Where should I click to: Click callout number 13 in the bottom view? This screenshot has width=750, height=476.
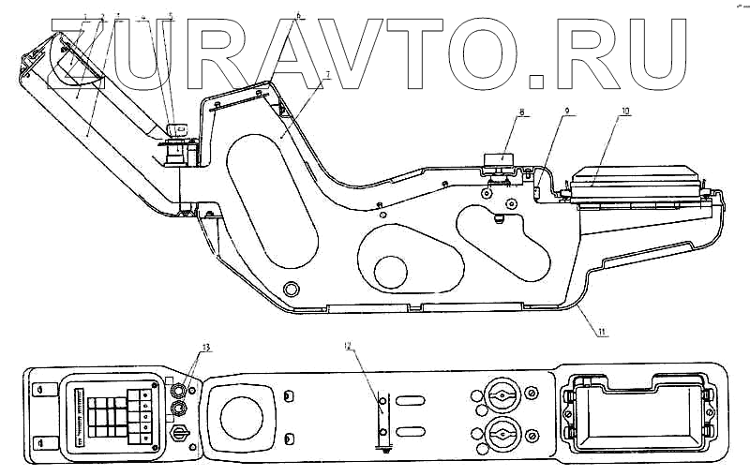click(x=205, y=348)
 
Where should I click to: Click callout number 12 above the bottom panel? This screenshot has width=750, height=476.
click(x=348, y=348)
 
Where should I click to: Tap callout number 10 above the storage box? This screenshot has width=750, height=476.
click(x=624, y=112)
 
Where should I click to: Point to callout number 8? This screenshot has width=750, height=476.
click(x=520, y=112)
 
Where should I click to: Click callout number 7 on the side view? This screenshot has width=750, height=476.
click(x=326, y=72)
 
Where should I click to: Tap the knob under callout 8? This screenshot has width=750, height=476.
click(x=495, y=164)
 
